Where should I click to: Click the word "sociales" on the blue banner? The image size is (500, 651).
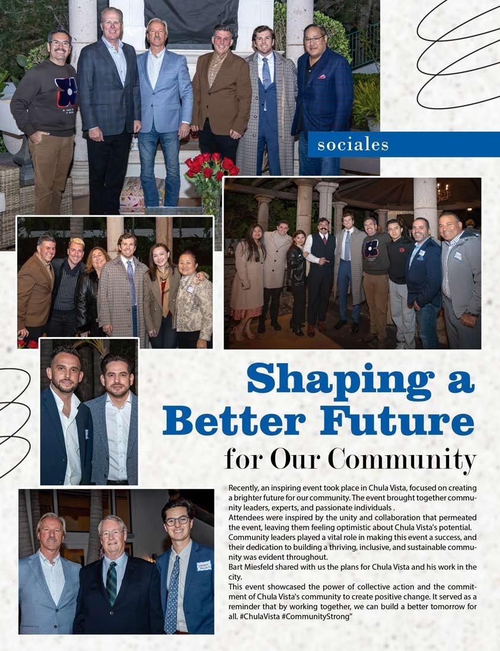tap(353, 145)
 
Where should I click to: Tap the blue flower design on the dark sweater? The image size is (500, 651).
tap(66, 92)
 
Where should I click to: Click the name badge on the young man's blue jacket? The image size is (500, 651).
tap(204, 566)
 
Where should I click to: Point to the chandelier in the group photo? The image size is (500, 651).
tap(443, 192)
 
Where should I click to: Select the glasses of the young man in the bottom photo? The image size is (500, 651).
tap(177, 520)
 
